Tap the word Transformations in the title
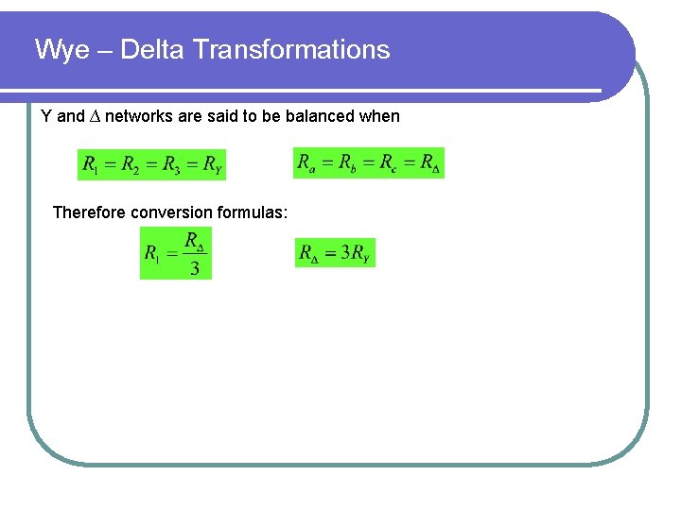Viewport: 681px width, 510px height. pyautogui.click(x=290, y=50)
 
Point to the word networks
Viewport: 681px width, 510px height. pyautogui.click(x=136, y=117)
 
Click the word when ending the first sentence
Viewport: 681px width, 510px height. pyautogui.click(x=380, y=117)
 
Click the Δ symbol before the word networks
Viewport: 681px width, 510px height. pyautogui.click(x=95, y=117)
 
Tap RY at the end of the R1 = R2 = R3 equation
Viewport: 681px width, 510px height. pyautogui.click(x=213, y=166)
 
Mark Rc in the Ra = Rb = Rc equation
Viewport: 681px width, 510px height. pyautogui.click(x=389, y=162)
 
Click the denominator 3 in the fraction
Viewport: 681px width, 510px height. pyautogui.click(x=195, y=268)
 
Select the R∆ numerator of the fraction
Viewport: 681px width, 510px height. pyautogui.click(x=195, y=242)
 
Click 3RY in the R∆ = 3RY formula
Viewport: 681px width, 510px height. pyautogui.click(x=355, y=253)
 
